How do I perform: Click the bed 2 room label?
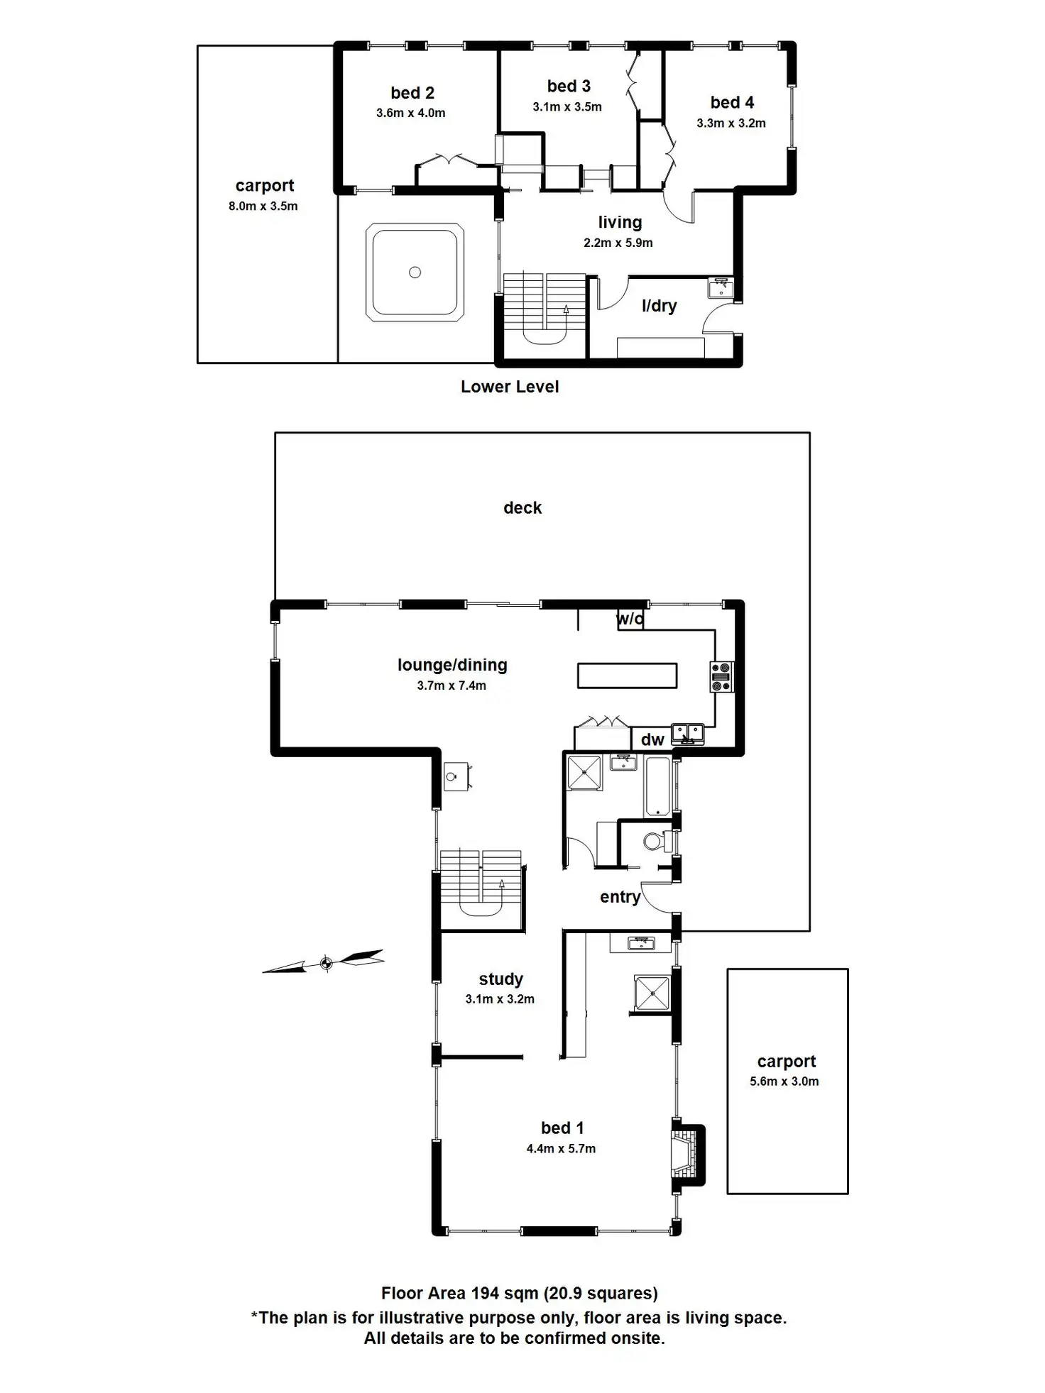pyautogui.click(x=412, y=93)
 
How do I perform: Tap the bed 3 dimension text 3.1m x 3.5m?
pyautogui.click(x=567, y=107)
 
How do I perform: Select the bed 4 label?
pyautogui.click(x=732, y=103)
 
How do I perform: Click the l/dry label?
pyautogui.click(x=659, y=306)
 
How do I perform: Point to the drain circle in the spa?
pyautogui.click(x=415, y=272)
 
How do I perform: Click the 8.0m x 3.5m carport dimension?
pyautogui.click(x=263, y=207)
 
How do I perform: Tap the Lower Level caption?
pyautogui.click(x=510, y=387)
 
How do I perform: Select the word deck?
pyautogui.click(x=522, y=508)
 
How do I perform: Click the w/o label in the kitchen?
pyautogui.click(x=630, y=620)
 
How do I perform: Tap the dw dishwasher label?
pyautogui.click(x=652, y=740)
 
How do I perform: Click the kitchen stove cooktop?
pyautogui.click(x=722, y=676)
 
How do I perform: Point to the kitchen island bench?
pyautogui.click(x=627, y=676)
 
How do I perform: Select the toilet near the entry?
pyautogui.click(x=655, y=842)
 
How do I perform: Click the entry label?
pyautogui.click(x=620, y=897)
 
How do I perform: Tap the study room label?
pyautogui.click(x=500, y=979)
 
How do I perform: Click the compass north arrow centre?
pyautogui.click(x=326, y=963)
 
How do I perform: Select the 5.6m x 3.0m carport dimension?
pyautogui.click(x=784, y=1081)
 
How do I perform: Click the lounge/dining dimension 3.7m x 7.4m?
pyautogui.click(x=452, y=686)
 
